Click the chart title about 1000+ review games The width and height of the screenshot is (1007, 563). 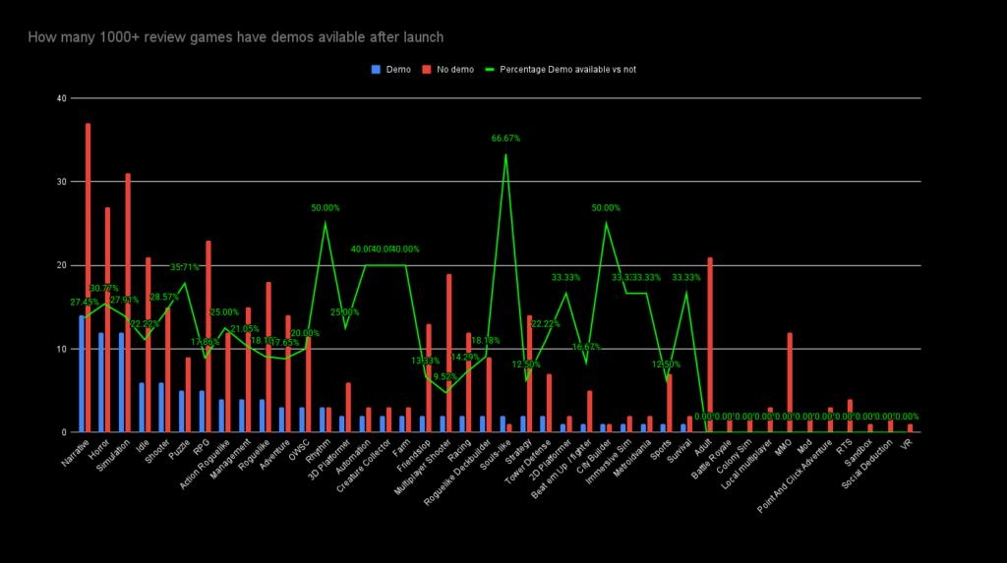(235, 37)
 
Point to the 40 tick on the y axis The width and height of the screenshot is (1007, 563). (62, 98)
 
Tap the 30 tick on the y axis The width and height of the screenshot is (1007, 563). (62, 182)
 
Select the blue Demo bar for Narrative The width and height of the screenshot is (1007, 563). (81, 373)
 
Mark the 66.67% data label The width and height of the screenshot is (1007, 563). (505, 139)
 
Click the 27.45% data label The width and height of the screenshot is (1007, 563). (85, 303)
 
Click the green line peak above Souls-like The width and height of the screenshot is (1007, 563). (505, 154)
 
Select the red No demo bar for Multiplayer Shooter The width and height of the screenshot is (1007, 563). (449, 353)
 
